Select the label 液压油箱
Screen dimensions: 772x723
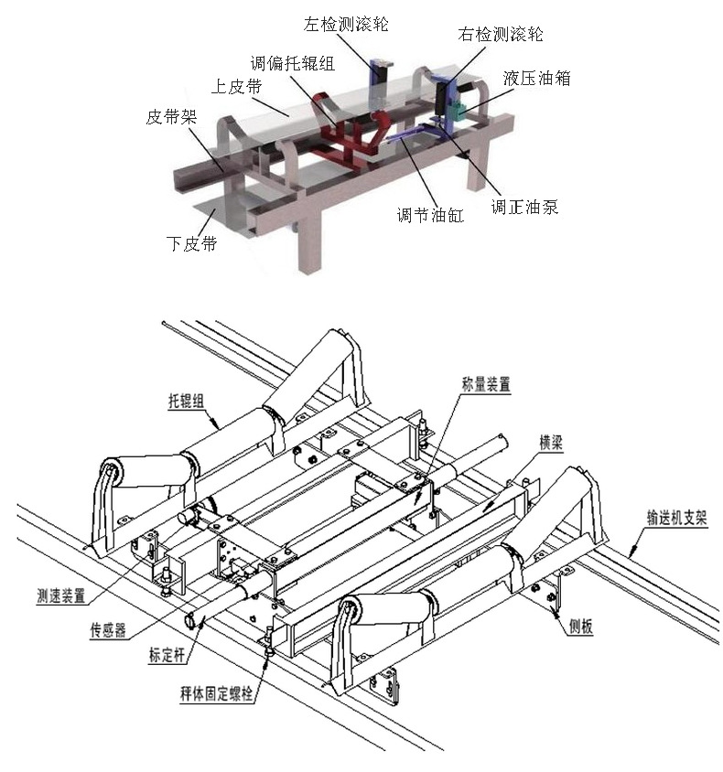[x=536, y=79]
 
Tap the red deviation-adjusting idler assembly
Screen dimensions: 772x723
[x=343, y=133]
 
